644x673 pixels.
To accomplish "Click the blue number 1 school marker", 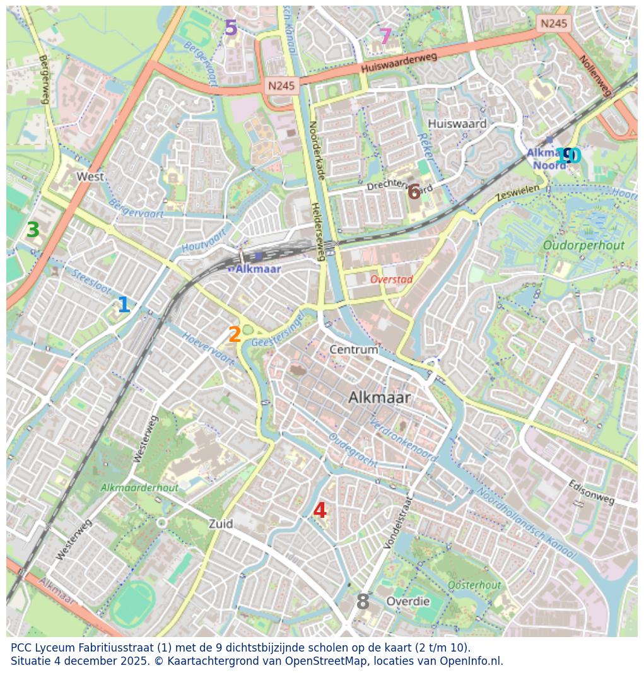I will tap(124, 305).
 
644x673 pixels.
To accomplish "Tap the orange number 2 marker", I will tap(235, 335).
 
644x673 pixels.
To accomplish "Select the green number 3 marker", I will tap(33, 230).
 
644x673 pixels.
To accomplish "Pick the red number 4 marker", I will tap(320, 511).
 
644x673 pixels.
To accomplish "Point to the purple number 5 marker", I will tap(231, 28).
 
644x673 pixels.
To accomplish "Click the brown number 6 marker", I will tap(414, 192).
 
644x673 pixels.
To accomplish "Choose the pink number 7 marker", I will tap(385, 37).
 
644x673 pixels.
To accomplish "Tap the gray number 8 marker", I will tap(363, 602).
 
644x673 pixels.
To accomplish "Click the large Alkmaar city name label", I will tap(379, 397).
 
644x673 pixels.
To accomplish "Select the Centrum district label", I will tap(354, 349).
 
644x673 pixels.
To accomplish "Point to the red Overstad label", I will tap(391, 279).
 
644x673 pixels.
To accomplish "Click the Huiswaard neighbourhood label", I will tap(457, 124).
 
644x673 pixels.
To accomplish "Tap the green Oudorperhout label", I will tap(583, 245).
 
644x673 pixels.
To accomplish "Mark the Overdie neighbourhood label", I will tap(407, 601).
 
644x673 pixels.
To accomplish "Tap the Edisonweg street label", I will tap(591, 493).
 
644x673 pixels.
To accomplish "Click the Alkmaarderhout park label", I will tap(139, 488).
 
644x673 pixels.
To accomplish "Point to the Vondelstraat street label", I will tap(397, 522).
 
